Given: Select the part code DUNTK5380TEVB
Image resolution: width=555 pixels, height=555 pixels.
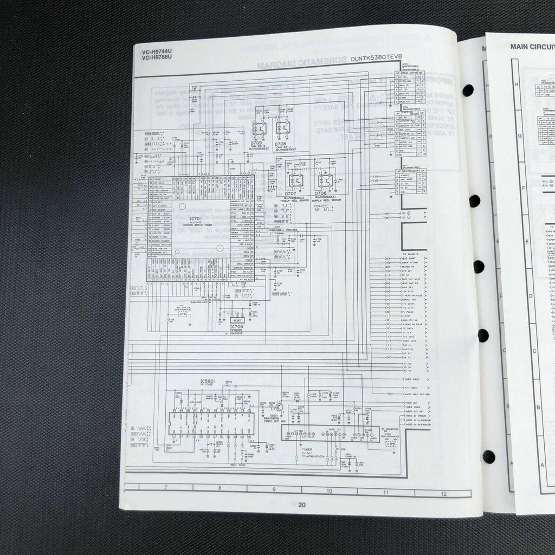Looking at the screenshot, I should (x=376, y=57).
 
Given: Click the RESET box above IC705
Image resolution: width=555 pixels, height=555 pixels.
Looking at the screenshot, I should (x=237, y=320).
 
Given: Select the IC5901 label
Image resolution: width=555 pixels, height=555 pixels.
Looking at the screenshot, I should (x=209, y=382).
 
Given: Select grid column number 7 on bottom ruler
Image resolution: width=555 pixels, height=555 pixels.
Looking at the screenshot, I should (x=165, y=487).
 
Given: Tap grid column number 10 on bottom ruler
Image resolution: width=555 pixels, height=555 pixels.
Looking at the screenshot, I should (x=328, y=491).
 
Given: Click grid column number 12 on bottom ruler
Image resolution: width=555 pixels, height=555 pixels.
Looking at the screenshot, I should (x=443, y=494).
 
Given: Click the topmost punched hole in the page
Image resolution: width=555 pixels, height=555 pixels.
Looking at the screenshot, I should (x=467, y=91).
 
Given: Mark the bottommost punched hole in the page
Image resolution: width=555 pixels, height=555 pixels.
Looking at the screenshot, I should (x=488, y=456).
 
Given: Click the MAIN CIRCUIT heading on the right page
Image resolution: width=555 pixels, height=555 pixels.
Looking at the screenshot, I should (x=532, y=47).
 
